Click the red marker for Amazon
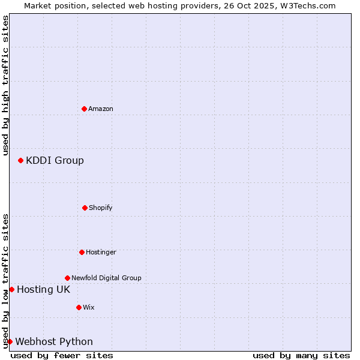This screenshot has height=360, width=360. pyautogui.click(x=85, y=109)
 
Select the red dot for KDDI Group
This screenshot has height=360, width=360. pyautogui.click(x=20, y=160)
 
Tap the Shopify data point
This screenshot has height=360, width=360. pyautogui.click(x=85, y=208)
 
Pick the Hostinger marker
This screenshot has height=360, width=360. pyautogui.click(x=82, y=252)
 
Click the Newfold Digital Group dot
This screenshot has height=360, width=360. pyautogui.click(x=67, y=278)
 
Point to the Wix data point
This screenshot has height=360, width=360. pyautogui.click(x=79, y=307)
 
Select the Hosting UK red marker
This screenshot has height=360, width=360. pyautogui.click(x=11, y=289)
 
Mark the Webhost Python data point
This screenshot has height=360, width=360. pyautogui.click(x=10, y=341)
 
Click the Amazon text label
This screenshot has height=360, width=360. pyautogui.click(x=101, y=109)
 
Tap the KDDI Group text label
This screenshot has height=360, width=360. pyautogui.click(x=55, y=160)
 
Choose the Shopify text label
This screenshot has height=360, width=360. pyautogui.click(x=101, y=208)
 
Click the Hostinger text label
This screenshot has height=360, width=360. pyautogui.click(x=101, y=252)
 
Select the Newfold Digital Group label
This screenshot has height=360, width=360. pyautogui.click(x=106, y=278)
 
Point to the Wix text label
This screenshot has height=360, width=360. pyautogui.click(x=89, y=307)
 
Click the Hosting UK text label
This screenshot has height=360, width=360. pyautogui.click(x=43, y=289)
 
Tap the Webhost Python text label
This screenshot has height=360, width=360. pyautogui.click(x=54, y=341)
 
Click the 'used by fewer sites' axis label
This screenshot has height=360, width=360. pyautogui.click(x=62, y=355)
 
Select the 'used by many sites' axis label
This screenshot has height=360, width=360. pyautogui.click(x=301, y=355)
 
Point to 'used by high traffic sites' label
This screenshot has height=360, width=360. pyautogui.click(x=5, y=85)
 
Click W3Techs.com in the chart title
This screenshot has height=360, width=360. pyautogui.click(x=308, y=5)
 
